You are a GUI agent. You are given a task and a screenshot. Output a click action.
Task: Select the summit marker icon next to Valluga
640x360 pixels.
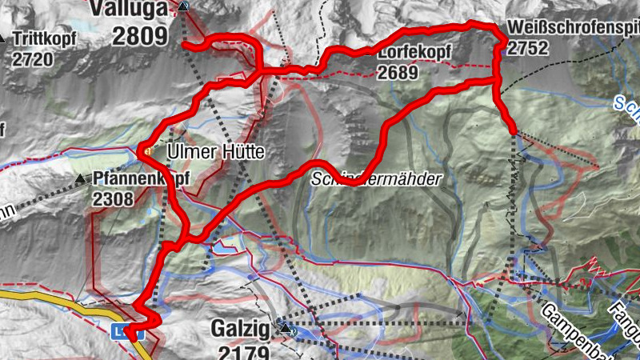(185, 7)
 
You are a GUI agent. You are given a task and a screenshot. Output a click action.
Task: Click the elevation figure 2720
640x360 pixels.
(32, 59)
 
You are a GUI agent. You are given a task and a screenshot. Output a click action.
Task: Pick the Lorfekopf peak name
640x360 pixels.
(415, 53)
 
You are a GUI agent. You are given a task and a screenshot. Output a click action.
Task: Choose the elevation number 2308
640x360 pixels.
(113, 199)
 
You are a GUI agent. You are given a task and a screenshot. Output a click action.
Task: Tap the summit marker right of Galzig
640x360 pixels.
(286, 327)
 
